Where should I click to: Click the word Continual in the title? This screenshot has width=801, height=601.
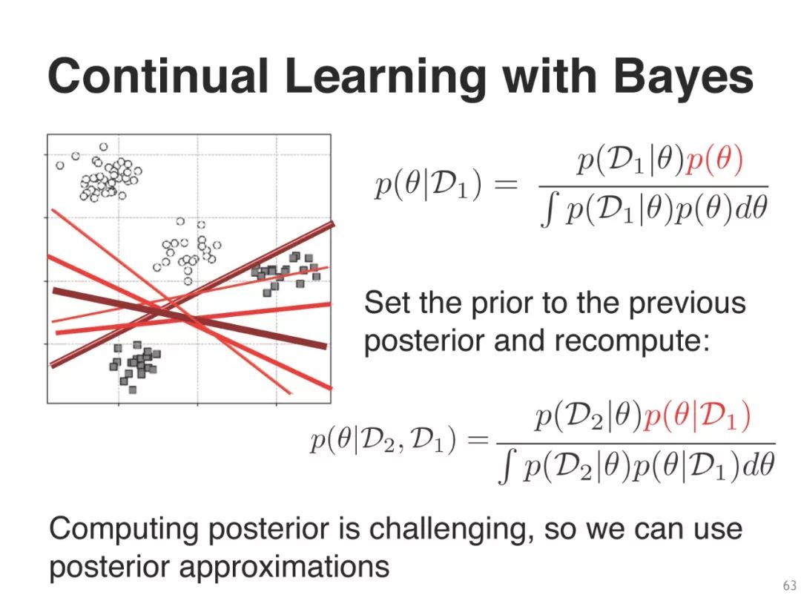(158, 76)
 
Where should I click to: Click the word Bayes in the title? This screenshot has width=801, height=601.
(684, 79)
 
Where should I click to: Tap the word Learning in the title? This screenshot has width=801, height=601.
(385, 79)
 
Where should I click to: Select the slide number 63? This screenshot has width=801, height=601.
(789, 585)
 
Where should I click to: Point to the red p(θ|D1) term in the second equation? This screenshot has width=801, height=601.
(697, 417)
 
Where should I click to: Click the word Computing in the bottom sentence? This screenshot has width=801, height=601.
(123, 530)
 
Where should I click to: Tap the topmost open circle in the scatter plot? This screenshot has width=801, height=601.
(104, 147)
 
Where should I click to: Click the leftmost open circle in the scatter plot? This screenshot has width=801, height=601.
(60, 165)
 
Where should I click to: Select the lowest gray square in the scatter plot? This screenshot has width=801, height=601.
(133, 390)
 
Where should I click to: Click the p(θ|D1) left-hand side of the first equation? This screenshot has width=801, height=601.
(428, 185)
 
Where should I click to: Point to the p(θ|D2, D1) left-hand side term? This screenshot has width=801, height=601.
(383, 441)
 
